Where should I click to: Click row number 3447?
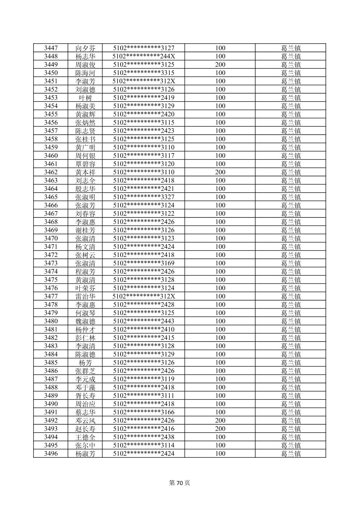[x=51, y=48]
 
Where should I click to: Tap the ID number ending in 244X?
[x=144, y=56]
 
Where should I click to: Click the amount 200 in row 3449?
[x=220, y=64]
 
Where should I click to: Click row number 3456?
[x=51, y=122]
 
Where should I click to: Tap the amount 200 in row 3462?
[x=220, y=172]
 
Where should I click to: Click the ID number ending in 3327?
[x=144, y=197]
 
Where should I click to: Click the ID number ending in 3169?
[x=144, y=263]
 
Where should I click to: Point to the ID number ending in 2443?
[x=144, y=321]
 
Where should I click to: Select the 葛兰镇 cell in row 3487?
[x=291, y=379]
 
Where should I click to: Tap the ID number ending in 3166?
[x=144, y=412]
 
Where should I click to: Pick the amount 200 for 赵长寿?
[x=220, y=429]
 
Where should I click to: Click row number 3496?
[x=51, y=453]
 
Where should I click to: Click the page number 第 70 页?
[x=179, y=483]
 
